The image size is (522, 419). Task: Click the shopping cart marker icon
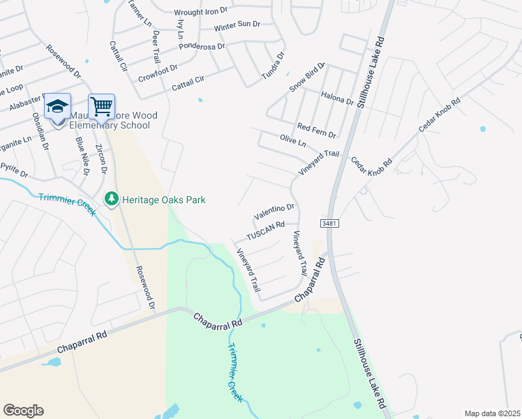click(101, 107)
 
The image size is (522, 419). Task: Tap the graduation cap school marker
click(57, 107)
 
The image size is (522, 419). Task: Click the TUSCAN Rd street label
click(266, 226)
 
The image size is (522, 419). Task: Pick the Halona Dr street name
click(337, 98)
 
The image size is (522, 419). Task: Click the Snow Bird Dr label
click(307, 76)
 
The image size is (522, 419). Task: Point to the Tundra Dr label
click(274, 65)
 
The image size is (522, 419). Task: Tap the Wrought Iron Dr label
click(201, 11)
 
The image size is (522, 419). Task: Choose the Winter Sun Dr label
click(237, 25)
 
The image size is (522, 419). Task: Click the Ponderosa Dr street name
click(202, 46)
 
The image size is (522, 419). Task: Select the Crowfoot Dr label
click(158, 72)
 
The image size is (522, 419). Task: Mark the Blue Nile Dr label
click(82, 156)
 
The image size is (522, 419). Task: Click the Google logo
click(23, 411)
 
